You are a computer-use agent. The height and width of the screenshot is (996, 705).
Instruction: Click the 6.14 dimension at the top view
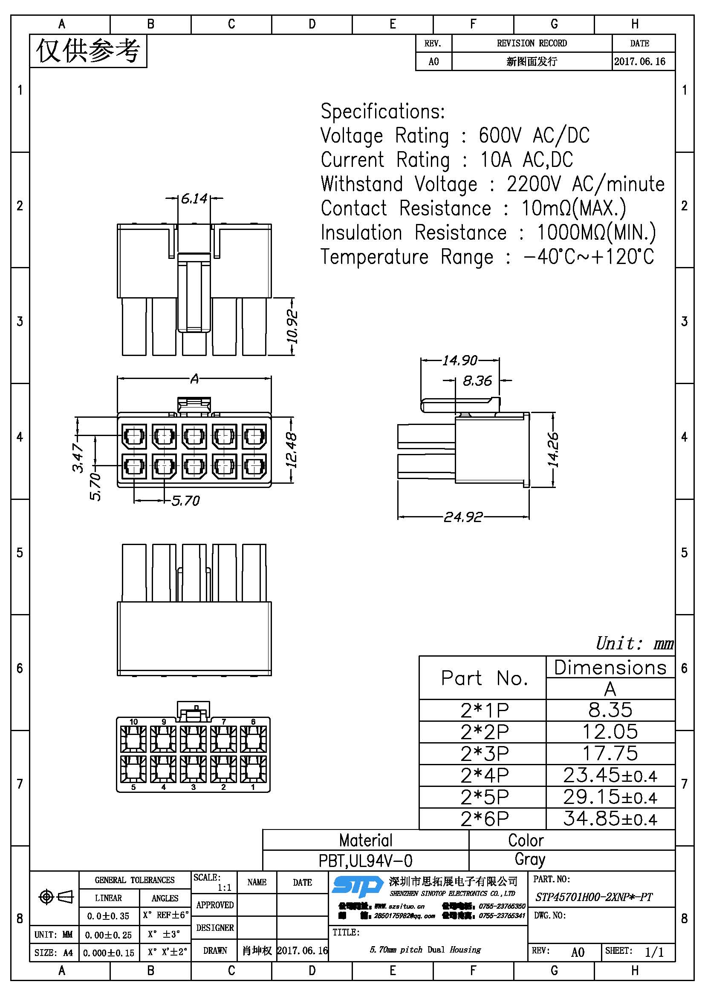point(194,199)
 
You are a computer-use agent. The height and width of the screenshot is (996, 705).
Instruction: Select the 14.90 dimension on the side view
point(460,360)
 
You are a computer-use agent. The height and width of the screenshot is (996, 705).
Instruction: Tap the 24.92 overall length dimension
point(463,517)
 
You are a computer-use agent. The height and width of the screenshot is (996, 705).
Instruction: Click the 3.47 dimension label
point(78,458)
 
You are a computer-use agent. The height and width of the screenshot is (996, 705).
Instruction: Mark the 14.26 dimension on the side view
point(553,450)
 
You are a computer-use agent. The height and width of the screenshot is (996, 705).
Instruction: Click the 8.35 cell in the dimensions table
point(610,710)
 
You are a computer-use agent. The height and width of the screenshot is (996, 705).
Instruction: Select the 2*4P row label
point(485,775)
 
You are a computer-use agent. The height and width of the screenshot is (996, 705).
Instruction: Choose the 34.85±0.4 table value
point(610,818)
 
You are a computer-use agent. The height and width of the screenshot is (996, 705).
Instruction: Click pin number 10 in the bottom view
point(133,722)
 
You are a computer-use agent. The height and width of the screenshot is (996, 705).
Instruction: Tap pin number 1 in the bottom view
point(253,787)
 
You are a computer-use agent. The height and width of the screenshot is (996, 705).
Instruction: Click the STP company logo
point(357,886)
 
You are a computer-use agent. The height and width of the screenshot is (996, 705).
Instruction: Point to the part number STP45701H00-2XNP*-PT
point(593,897)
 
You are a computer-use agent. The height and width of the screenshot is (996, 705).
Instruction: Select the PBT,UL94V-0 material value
point(366,861)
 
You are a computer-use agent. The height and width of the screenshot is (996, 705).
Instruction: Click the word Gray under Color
point(530,859)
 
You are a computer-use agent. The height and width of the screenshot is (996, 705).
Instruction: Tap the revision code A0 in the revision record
point(433,62)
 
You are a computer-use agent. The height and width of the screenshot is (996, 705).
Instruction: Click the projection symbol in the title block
point(56,896)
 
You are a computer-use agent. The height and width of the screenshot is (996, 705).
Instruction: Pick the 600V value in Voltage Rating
point(499,135)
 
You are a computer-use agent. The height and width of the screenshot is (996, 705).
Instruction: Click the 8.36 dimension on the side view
point(477,381)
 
